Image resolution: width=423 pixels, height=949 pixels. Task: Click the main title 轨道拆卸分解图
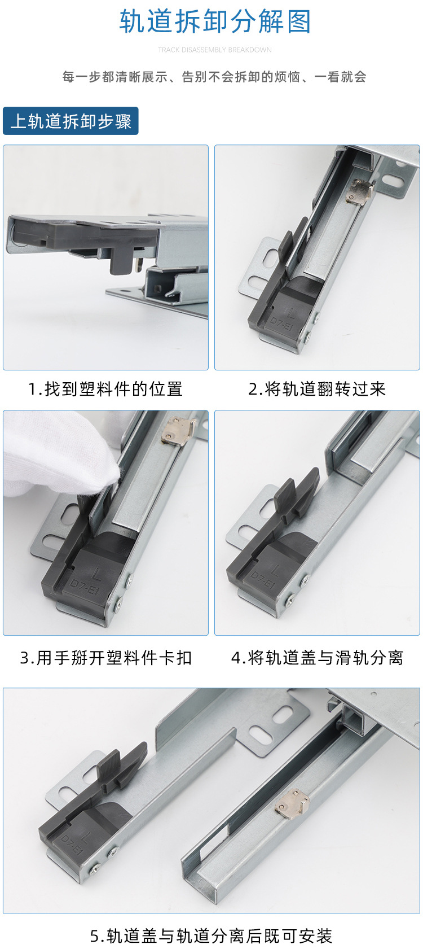(215, 22)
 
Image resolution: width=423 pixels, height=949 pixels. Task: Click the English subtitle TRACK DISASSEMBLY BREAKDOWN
(215, 50)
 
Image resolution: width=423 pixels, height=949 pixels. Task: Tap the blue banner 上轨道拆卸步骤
(70, 121)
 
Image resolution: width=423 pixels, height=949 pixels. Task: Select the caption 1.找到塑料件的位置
(105, 389)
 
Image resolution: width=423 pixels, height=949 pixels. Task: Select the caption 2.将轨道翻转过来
(317, 389)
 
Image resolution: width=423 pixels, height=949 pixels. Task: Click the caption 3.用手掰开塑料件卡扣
(105, 658)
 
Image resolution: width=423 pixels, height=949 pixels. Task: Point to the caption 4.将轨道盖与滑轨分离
(317, 658)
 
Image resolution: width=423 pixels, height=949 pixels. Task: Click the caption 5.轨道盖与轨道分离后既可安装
(211, 935)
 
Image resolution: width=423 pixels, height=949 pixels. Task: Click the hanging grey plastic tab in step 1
(121, 257)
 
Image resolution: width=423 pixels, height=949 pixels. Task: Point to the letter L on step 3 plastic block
(97, 576)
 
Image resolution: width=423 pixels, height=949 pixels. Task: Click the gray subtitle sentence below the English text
(214, 77)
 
